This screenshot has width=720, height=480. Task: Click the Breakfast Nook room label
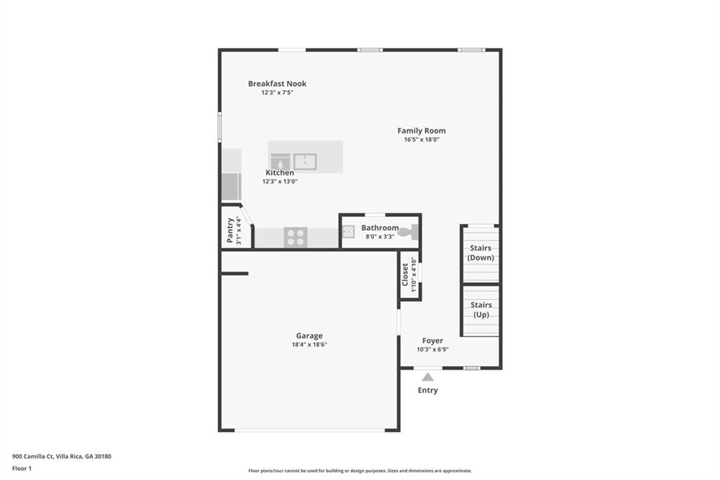click(277, 84)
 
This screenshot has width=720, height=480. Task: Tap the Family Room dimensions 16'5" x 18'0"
click(422, 139)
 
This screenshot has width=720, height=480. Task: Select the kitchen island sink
click(305, 162)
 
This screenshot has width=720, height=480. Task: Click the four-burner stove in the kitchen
click(296, 237)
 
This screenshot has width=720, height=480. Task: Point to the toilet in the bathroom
click(409, 232)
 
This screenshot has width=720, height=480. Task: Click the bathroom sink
click(349, 232)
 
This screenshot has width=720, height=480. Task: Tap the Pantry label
click(230, 230)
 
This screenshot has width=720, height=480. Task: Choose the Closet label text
click(405, 274)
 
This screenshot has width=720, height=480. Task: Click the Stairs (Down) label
click(481, 253)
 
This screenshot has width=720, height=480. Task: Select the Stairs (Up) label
click(481, 310)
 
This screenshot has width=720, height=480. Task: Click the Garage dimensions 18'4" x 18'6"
click(309, 344)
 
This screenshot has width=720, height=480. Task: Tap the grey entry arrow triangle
click(427, 377)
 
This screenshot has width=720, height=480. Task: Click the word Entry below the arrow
click(427, 390)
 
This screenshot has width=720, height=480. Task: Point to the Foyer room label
click(432, 341)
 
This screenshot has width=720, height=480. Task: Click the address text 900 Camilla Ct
click(33, 457)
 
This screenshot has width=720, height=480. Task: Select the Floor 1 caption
click(22, 469)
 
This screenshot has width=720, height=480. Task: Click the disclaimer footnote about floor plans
click(360, 471)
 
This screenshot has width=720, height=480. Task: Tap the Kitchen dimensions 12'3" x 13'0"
click(280, 181)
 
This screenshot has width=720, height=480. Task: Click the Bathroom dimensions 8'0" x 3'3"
click(380, 236)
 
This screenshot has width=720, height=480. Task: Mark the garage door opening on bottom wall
click(309, 430)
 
